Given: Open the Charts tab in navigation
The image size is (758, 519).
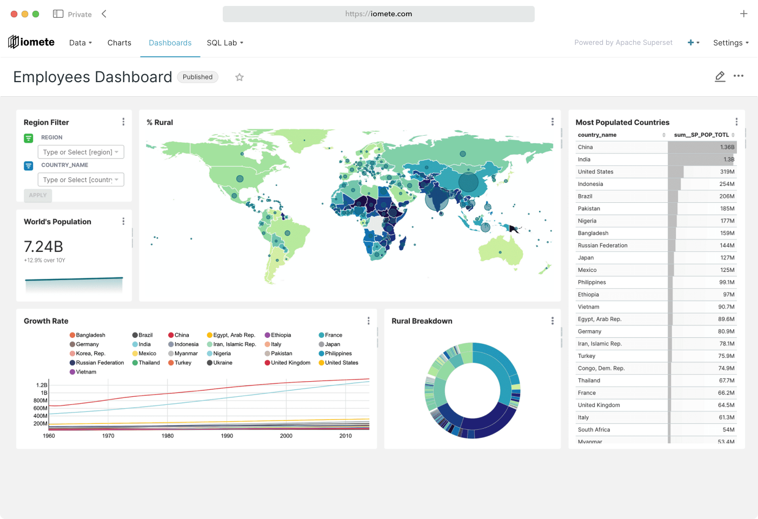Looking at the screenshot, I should (x=119, y=43).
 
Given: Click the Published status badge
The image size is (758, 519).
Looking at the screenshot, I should (x=197, y=77).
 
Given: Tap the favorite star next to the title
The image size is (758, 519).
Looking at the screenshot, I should (x=240, y=77).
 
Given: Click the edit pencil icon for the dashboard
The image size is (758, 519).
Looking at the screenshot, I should (x=720, y=76).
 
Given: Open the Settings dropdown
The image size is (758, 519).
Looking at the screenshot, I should (x=730, y=43).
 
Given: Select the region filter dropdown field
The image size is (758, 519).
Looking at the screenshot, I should (x=81, y=152).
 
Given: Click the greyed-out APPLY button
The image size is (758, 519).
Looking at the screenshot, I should (x=38, y=195).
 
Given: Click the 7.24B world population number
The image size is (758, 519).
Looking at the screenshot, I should (x=44, y=247).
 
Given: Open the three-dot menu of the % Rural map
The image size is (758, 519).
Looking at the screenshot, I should (x=552, y=122).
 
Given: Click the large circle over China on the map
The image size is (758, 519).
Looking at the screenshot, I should (x=468, y=182).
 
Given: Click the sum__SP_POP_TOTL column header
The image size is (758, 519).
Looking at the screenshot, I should (x=701, y=135).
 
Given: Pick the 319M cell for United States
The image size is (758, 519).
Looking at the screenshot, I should (x=727, y=172).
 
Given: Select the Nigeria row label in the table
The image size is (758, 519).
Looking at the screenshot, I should (x=587, y=221).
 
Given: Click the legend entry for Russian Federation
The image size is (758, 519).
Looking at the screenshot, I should (x=99, y=363).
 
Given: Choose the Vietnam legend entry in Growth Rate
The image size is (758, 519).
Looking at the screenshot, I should (x=86, y=372).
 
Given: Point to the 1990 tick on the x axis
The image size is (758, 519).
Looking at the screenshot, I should (x=227, y=436).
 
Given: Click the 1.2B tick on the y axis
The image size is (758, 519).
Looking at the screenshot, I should (x=42, y=385).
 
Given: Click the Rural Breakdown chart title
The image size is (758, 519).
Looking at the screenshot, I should (x=422, y=321).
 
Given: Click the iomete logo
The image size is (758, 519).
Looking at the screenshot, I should (x=31, y=42).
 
